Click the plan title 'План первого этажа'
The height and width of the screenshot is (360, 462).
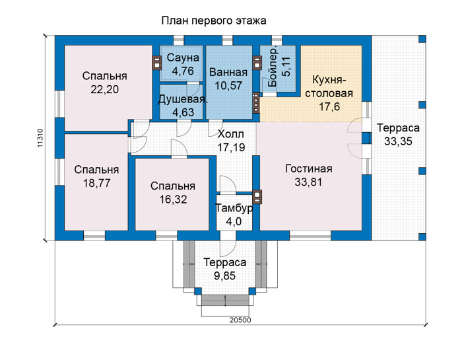[214, 21]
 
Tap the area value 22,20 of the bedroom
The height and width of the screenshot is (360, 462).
[104, 89]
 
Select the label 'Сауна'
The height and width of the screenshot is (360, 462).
[183, 57]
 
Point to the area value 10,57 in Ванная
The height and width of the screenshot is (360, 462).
[228, 85]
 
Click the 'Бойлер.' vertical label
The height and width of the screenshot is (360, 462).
[273, 66]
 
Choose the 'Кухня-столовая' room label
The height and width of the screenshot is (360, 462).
[329, 87]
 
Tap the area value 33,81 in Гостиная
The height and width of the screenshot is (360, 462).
[308, 182]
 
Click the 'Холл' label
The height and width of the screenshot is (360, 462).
[231, 134]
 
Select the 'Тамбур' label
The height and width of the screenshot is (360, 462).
[234, 208]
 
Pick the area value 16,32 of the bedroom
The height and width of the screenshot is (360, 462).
[173, 199]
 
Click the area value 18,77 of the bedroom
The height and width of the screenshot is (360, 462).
[96, 183]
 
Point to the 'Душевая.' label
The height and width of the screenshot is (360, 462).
[183, 99]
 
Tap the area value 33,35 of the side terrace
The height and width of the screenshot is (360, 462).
[398, 141]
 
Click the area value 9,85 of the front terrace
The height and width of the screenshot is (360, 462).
[224, 276]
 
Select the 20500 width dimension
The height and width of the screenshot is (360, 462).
[240, 320]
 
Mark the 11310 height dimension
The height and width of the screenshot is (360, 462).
[40, 138]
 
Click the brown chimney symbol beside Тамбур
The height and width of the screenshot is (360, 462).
[257, 196]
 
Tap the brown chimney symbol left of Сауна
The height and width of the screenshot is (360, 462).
[157, 63]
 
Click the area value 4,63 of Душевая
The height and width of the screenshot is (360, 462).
[183, 113]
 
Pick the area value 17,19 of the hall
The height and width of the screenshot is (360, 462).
[231, 147]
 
